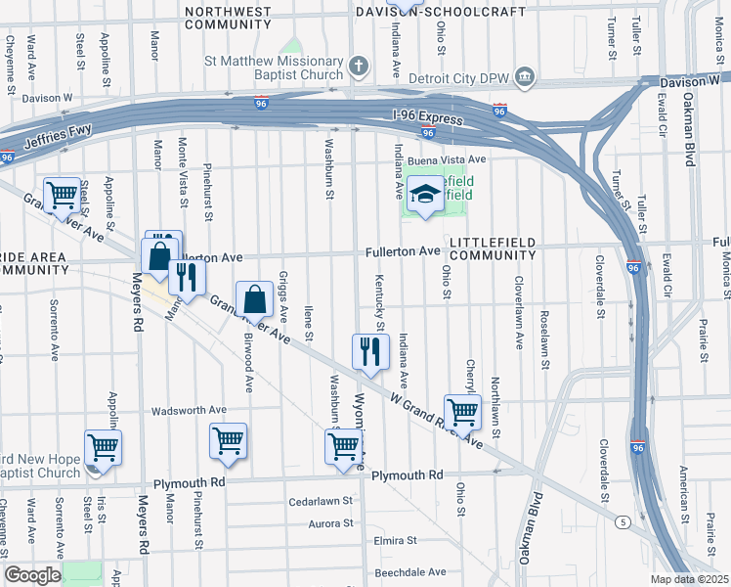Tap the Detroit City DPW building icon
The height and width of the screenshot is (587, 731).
click(x=525, y=76)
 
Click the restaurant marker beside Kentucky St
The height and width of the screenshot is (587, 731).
click(x=369, y=349)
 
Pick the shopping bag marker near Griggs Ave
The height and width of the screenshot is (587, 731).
click(x=254, y=297)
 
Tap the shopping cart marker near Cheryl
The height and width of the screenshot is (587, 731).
click(x=462, y=410)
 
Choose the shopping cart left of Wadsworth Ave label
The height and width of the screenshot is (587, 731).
click(x=103, y=446)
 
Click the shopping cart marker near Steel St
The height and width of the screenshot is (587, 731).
click(x=62, y=195)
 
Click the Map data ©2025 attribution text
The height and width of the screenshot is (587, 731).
click(x=689, y=579)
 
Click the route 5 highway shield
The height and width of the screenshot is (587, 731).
click(x=623, y=522)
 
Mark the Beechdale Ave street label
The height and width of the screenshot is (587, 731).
click(x=410, y=571)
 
